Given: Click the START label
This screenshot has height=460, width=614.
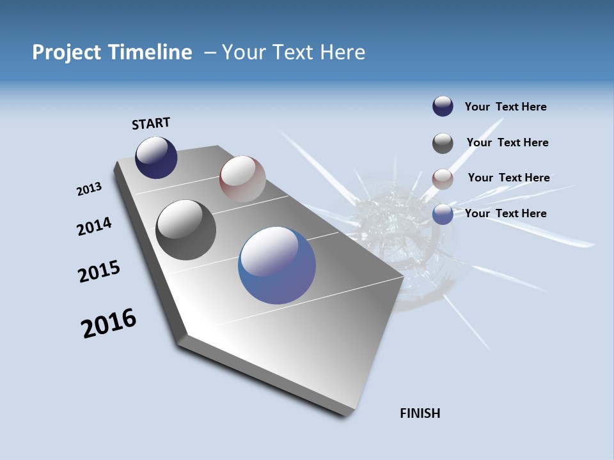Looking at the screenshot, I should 151,123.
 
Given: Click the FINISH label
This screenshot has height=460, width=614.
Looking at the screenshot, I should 420,413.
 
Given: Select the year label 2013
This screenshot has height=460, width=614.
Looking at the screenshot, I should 89,189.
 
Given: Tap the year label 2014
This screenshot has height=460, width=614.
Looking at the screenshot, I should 94,226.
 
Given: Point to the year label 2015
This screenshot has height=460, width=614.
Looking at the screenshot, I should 98,272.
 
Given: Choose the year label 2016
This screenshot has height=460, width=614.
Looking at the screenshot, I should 109,323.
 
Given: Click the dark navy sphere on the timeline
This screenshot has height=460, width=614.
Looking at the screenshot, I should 156,158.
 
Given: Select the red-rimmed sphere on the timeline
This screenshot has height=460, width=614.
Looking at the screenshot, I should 242,179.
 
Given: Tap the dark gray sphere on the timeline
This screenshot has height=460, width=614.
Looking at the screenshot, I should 185,230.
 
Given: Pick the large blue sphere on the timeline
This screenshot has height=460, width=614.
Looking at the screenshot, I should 277,265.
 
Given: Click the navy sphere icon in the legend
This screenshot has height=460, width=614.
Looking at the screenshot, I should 443,107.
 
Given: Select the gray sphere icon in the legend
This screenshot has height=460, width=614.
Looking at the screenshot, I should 443,143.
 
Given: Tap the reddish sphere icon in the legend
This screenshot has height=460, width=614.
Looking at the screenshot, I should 443,179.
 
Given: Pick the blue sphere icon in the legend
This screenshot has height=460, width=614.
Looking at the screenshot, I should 443,214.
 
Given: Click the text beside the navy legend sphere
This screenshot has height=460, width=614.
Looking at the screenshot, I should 505,107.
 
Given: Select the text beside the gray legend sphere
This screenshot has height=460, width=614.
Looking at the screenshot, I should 507,142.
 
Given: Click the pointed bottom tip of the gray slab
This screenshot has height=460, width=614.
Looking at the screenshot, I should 345,415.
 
